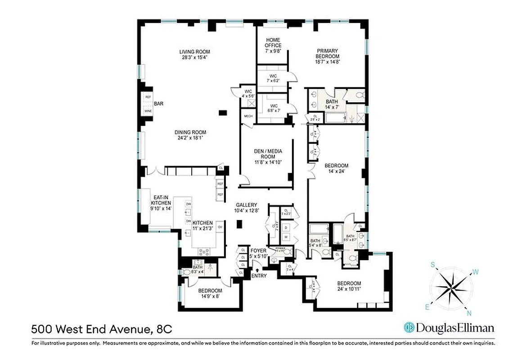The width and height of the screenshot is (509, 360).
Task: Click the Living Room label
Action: coord(194,52)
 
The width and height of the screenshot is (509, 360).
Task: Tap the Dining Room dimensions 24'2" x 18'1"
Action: coord(190,138)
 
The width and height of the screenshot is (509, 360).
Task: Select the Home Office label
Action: coord(273,43)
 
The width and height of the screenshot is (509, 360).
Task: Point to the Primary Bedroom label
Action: coord(327,54)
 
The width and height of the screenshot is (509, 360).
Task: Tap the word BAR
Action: coord(158,103)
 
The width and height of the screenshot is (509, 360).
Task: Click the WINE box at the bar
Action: coord(147,111)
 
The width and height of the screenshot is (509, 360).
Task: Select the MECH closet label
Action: coord(248,116)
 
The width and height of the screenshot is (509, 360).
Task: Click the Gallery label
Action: coord(245,205)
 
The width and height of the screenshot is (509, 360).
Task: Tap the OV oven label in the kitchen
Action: coord(220,227)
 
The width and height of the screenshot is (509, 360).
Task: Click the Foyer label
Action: coord(258,251)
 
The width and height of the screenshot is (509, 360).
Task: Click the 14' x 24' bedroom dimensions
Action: coord(337,171)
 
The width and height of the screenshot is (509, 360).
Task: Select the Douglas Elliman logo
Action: coord(449,327)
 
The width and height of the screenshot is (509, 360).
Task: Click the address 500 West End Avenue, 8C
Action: coord(101,330)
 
